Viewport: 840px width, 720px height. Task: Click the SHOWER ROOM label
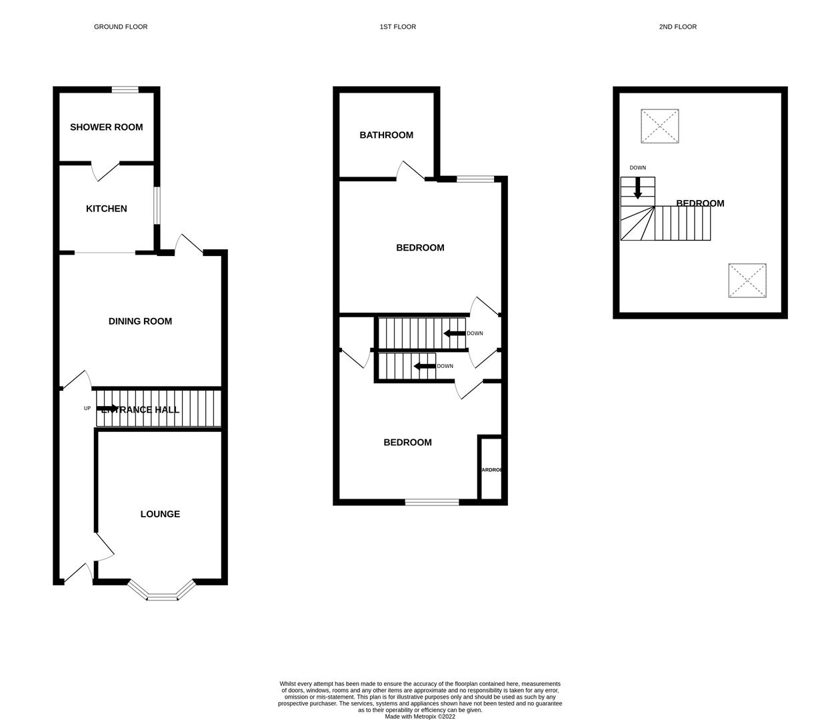106,127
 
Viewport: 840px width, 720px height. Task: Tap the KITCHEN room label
106,209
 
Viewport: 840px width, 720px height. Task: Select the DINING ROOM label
140,321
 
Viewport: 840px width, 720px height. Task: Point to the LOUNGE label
160,514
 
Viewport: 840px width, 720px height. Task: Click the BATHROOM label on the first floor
386,135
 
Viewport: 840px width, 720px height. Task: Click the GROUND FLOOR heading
121,27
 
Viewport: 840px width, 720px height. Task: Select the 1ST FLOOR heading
398,27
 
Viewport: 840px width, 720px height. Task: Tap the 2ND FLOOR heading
677,27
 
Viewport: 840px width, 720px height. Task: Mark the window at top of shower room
125,90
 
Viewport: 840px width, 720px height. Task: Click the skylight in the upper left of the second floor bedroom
660,126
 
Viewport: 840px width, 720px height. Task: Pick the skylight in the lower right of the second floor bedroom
747,281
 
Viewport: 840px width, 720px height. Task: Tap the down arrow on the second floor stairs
637,189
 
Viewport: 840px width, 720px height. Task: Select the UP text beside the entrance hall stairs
87,409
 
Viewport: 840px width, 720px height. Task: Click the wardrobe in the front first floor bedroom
491,469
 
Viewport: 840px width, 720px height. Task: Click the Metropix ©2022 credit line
420,717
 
